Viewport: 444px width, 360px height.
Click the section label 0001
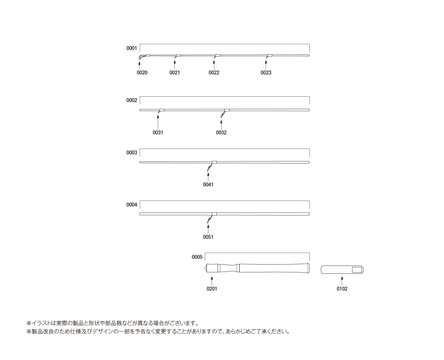132,48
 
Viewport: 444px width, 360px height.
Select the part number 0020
142,73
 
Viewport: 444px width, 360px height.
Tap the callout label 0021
175,73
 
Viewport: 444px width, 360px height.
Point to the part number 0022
214,73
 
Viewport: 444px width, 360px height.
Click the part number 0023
266,73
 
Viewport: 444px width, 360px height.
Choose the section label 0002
132,100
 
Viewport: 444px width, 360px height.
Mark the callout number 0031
158,132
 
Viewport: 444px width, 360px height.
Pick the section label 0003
132,153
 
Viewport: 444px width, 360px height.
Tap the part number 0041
208,185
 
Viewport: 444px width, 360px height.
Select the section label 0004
132,205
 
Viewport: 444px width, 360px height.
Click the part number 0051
208,237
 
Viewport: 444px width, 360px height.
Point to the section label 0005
197,257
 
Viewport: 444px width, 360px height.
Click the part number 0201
212,289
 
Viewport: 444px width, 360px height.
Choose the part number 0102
342,289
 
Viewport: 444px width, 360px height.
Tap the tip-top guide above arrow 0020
142,57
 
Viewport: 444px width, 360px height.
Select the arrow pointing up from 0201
212,281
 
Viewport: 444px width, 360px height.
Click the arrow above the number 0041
208,177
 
